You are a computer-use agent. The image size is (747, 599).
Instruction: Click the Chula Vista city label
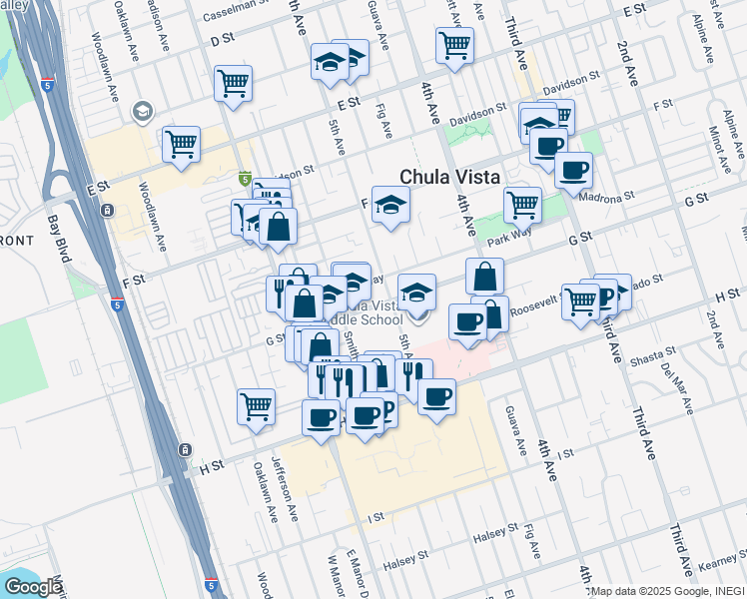[449, 176]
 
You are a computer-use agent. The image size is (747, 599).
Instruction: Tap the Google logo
[33, 587]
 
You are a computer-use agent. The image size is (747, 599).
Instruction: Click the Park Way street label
[507, 241]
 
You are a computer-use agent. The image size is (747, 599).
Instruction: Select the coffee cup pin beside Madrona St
[573, 171]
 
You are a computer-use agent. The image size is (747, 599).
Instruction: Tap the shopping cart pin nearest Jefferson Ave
[257, 406]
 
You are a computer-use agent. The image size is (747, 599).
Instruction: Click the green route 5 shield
[245, 179]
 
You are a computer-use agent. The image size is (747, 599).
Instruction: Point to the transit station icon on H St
[184, 449]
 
